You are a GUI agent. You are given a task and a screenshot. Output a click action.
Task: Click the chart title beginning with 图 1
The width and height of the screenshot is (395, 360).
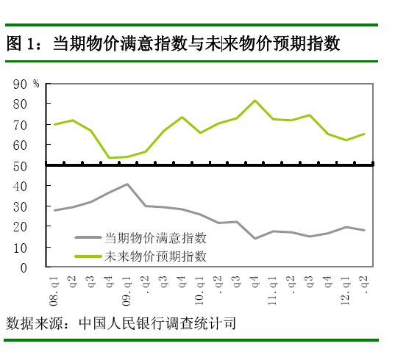[x=173, y=43]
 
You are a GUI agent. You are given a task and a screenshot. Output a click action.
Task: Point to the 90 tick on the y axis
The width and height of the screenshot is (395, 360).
[x=19, y=84]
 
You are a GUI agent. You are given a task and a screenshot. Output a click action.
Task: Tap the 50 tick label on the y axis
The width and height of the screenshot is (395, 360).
[x=19, y=166]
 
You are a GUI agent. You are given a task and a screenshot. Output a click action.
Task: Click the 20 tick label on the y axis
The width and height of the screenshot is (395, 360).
[x=19, y=228]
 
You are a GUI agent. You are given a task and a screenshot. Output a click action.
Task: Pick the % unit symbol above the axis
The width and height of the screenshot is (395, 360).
[x=35, y=83]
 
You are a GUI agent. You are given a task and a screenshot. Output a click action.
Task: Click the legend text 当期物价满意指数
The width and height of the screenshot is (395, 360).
[x=155, y=237]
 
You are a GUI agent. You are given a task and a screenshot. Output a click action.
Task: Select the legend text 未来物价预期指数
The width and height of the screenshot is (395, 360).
[x=155, y=256]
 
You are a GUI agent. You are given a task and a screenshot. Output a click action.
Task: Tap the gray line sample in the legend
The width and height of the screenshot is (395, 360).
[x=89, y=237]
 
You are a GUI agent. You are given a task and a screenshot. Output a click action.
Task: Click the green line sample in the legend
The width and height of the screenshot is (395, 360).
[x=89, y=256]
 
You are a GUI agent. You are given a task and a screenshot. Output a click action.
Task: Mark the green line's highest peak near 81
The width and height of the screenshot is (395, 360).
[x=255, y=101]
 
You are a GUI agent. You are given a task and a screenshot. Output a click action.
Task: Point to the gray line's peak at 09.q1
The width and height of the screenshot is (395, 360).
[x=127, y=184]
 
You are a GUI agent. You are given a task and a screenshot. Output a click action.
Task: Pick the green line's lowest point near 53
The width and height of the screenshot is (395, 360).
[x=109, y=158]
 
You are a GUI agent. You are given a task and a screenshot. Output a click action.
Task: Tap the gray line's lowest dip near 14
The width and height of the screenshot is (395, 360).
[x=255, y=239]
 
